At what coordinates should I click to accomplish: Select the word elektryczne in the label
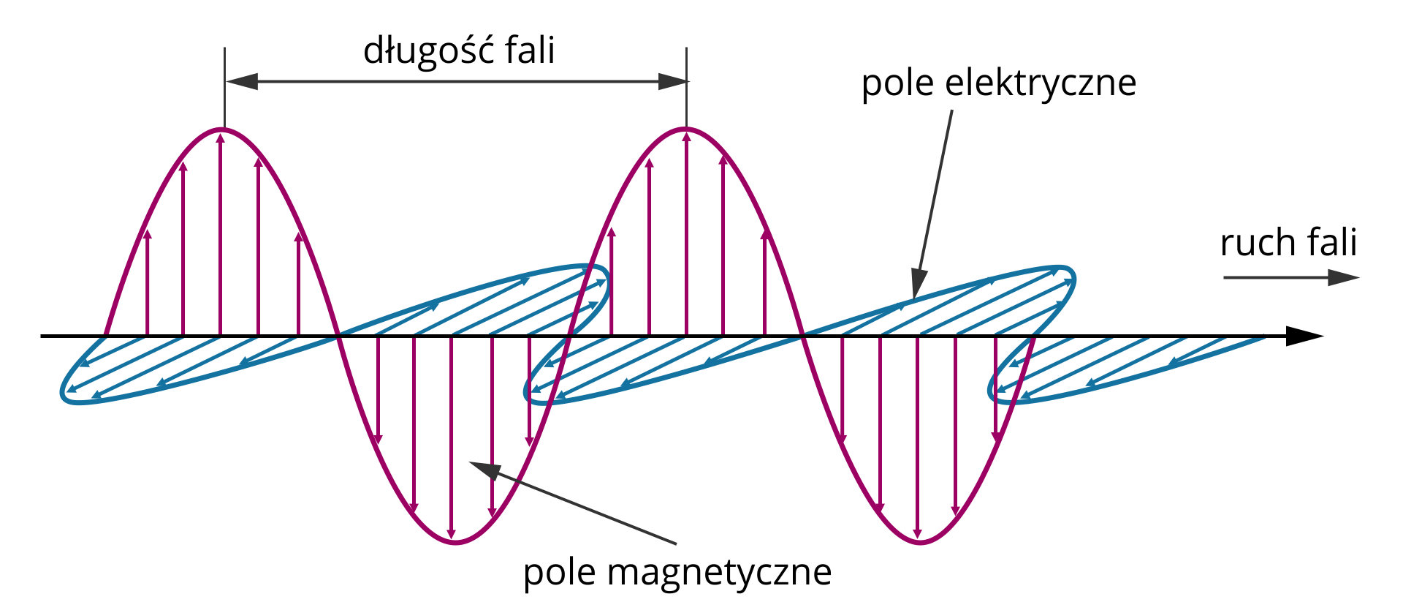click(x=1041, y=83)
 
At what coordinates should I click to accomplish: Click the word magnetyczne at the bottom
click(x=719, y=573)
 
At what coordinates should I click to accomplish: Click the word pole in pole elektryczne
click(x=898, y=83)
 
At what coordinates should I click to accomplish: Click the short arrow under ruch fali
click(x=1290, y=278)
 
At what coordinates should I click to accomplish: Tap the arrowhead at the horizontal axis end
click(x=1304, y=336)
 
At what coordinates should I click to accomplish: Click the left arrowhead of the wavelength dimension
click(x=241, y=81)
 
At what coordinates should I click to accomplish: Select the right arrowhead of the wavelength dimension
click(x=672, y=81)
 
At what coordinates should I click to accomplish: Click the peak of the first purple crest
click(x=223, y=130)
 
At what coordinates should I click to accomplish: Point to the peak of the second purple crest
click(x=686, y=130)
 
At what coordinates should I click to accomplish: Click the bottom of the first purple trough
click(x=455, y=542)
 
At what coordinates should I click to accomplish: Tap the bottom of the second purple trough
click(x=919, y=542)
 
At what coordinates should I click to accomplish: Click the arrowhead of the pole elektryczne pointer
click(x=918, y=285)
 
